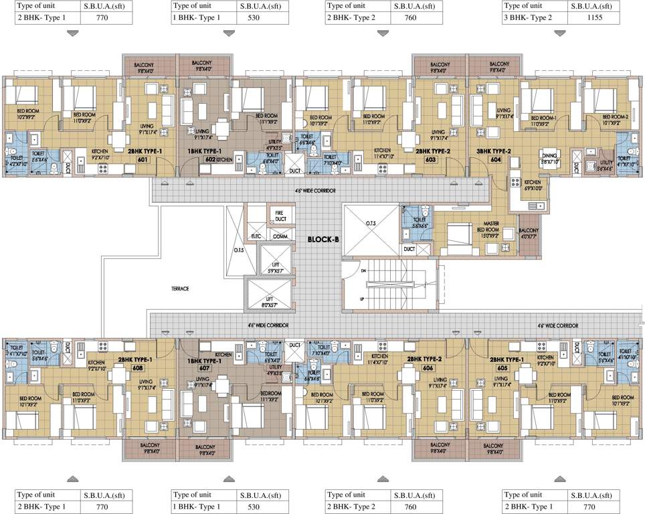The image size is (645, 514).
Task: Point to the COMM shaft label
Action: pos(280,236)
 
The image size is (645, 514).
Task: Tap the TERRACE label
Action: pos(179,288)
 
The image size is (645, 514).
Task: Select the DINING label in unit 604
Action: pos(551,157)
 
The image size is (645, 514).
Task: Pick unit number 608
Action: pos(138,367)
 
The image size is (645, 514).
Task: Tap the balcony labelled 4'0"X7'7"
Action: pos(529,234)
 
